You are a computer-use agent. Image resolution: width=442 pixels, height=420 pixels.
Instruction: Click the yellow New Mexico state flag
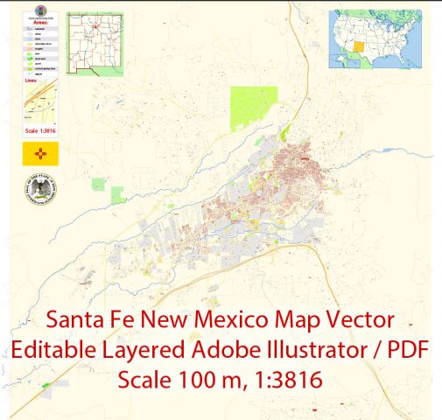(x=40, y=155)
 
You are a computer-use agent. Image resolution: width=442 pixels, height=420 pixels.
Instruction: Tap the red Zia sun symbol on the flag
(x=40, y=155)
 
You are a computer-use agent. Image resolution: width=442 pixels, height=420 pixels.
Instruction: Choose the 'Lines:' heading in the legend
(x=32, y=80)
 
